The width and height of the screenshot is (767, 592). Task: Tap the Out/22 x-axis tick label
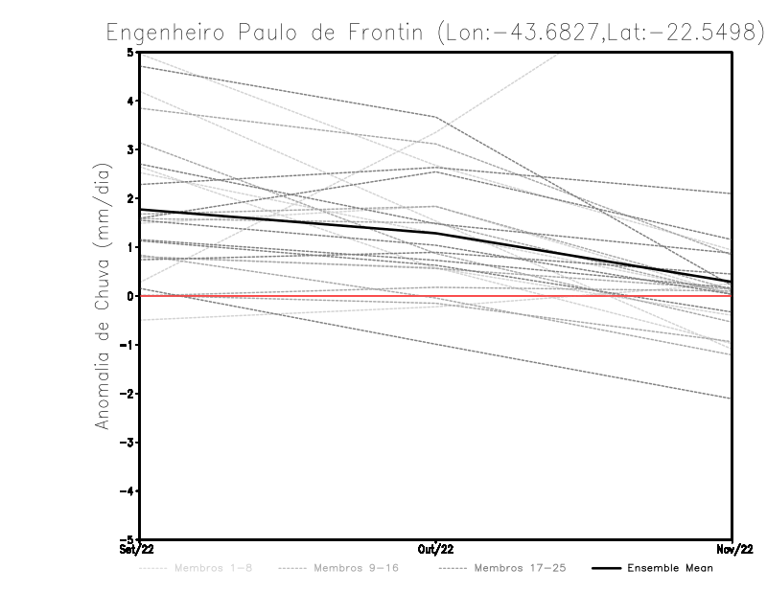tap(436, 550)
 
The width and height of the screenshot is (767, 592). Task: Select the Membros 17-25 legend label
tap(520, 569)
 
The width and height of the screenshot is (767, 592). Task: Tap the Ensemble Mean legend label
tap(669, 569)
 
